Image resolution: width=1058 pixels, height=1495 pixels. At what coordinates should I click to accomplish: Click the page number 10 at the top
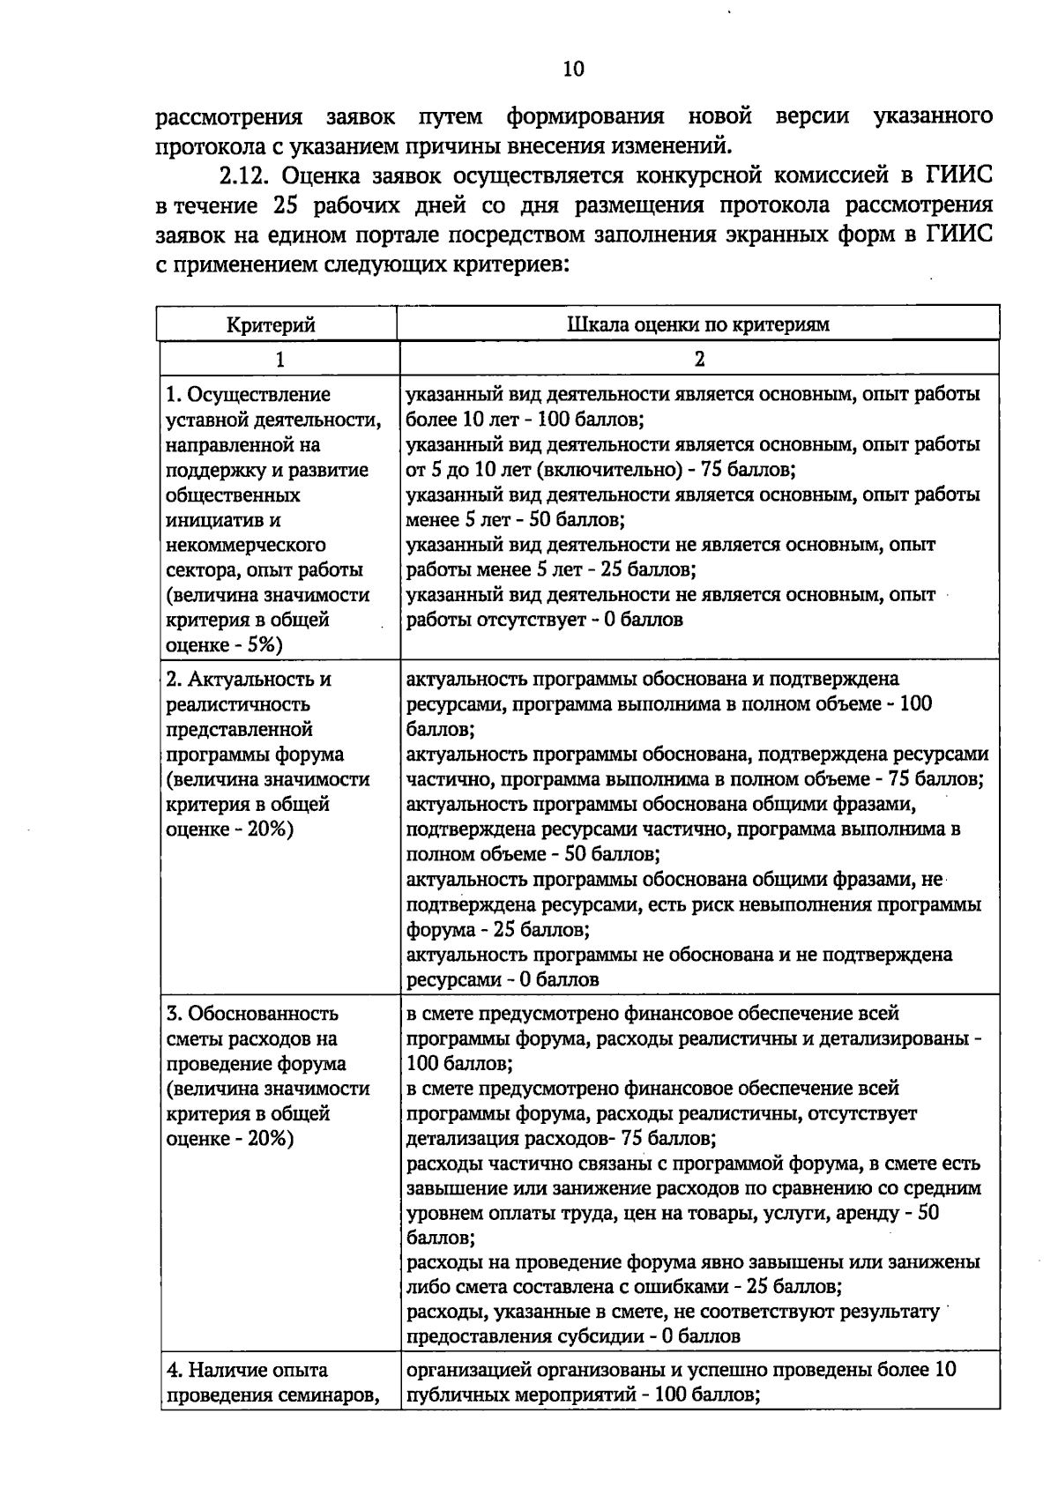pyautogui.click(x=572, y=69)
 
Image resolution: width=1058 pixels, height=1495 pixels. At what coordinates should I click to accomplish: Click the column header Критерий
pyautogui.click(x=271, y=324)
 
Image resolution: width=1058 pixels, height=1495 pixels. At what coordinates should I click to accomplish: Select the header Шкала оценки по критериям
pyautogui.click(x=697, y=324)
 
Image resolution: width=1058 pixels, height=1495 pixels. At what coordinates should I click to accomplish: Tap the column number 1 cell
pyautogui.click(x=279, y=359)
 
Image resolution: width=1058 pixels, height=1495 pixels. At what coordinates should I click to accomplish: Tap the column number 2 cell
pyautogui.click(x=699, y=359)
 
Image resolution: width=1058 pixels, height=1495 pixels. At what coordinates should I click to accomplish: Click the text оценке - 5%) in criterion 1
pyautogui.click(x=223, y=645)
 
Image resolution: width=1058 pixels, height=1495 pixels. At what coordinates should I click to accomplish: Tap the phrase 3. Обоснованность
pyautogui.click(x=252, y=1014)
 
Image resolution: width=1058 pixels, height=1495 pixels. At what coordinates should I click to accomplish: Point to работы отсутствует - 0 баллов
pyautogui.click(x=544, y=620)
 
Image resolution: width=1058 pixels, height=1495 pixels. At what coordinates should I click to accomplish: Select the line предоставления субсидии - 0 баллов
pyautogui.click(x=573, y=1335)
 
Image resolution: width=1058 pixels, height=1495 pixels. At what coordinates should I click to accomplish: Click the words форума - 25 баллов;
pyautogui.click(x=498, y=930)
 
